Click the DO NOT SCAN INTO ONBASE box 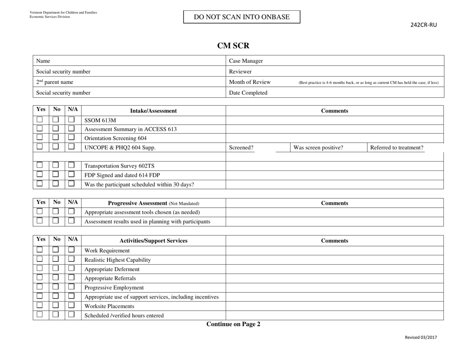(241, 17)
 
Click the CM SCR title (233, 46)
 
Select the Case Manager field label (246, 61)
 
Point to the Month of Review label (249, 82)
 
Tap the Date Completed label (248, 92)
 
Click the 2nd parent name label (55, 82)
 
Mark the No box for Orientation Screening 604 (57, 138)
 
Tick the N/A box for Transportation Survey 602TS (72, 166)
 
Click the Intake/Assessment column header (152, 111)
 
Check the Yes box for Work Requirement (40, 250)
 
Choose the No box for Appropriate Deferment (57, 269)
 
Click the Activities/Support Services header (152, 241)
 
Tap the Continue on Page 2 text (233, 324)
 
